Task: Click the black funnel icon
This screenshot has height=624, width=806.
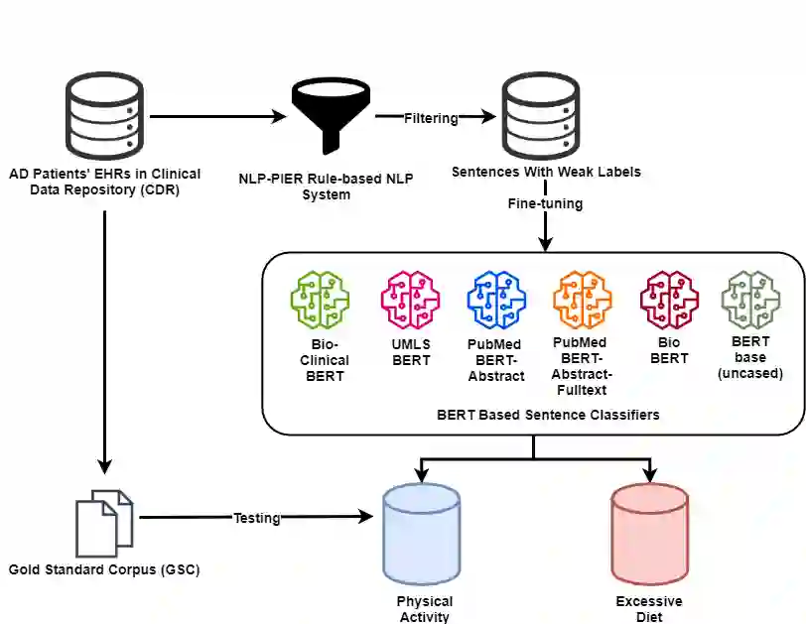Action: [x=331, y=117]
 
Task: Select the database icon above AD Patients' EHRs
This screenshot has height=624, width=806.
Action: [x=104, y=116]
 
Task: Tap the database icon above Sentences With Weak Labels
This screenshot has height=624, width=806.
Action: [x=541, y=116]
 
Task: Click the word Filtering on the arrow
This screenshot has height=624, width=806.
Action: [x=431, y=118]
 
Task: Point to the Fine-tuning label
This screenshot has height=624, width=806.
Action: [x=545, y=203]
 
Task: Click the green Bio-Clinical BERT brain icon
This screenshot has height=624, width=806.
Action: [x=321, y=300]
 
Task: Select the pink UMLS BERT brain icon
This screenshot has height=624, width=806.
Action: [x=410, y=300]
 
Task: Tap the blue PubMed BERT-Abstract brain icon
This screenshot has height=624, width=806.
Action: [x=496, y=300]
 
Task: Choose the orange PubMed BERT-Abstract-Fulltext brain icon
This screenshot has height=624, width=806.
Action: [x=583, y=300]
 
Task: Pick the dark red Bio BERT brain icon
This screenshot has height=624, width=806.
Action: [x=669, y=300]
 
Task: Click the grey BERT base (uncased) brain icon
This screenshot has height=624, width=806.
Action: [x=750, y=300]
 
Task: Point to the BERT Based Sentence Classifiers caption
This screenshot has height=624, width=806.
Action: [x=548, y=415]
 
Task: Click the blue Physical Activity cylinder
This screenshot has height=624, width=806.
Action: [x=422, y=534]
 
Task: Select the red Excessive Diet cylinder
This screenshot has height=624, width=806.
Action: [x=650, y=534]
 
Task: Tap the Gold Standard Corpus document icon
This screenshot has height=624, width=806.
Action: [x=104, y=524]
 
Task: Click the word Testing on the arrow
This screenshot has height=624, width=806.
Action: [x=257, y=518]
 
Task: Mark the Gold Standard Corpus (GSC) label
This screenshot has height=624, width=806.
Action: [x=104, y=569]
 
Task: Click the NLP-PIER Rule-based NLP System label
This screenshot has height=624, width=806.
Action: [x=326, y=187]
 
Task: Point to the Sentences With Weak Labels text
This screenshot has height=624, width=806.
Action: [x=546, y=172]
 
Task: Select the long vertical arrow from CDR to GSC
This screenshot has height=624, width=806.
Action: [x=105, y=342]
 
